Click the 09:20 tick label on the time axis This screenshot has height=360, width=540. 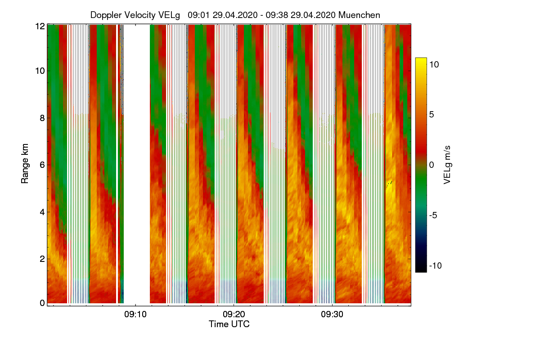pos(234,314)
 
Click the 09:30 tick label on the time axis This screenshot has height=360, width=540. pos(332,314)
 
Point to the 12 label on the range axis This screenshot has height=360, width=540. pos(40,26)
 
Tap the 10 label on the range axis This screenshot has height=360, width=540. pos(40,71)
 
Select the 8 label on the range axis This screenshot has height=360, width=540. pos(42,118)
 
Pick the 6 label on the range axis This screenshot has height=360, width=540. pos(42,165)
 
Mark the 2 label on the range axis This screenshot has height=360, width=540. pos(42,259)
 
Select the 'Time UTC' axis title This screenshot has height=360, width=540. pos(229,324)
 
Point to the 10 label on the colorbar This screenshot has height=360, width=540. pos(434,64)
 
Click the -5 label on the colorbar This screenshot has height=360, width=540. pos(434,215)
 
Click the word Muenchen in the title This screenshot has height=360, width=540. pos(359,15)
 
